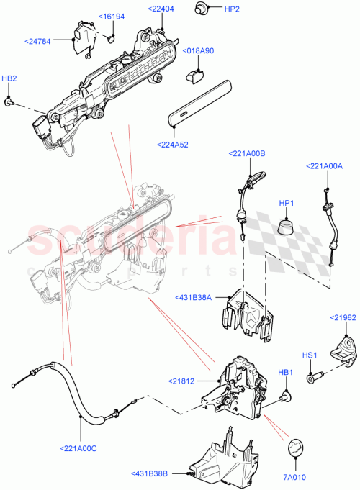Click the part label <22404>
[162, 9]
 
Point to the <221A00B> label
[248, 153]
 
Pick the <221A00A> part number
[325, 165]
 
